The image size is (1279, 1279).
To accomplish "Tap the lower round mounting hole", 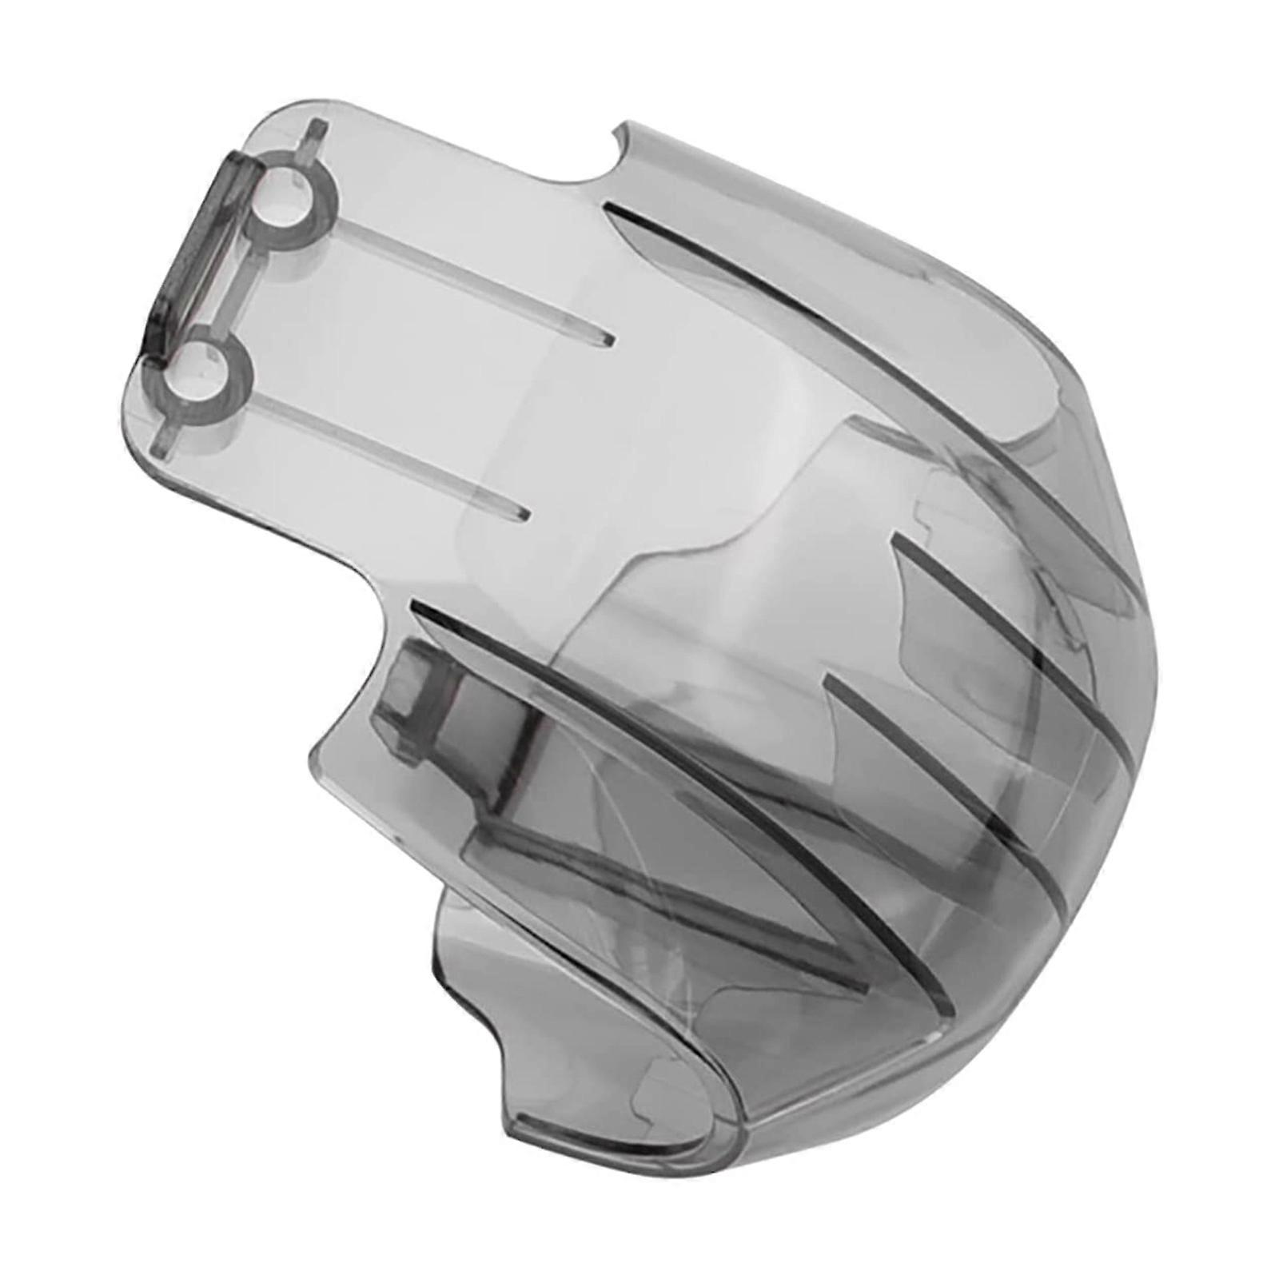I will click(x=209, y=369).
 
